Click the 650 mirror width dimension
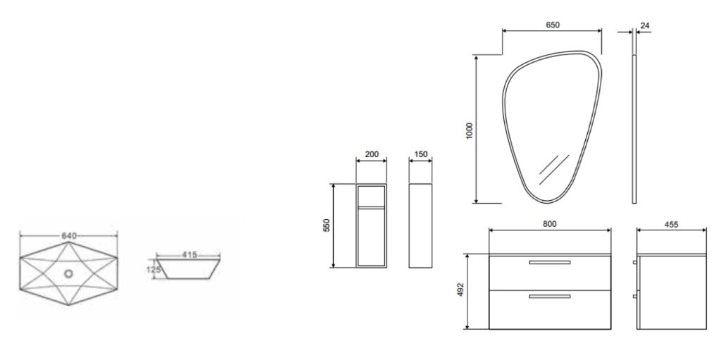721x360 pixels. pyautogui.click(x=553, y=25)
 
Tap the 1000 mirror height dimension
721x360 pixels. pyautogui.click(x=469, y=131)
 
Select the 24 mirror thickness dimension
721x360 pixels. pyautogui.click(x=645, y=26)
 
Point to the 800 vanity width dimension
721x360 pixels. pyautogui.click(x=549, y=224)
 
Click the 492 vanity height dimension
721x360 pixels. pyautogui.click(x=460, y=290)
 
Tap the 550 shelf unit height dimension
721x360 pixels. pyautogui.click(x=327, y=225)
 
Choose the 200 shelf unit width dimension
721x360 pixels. pyautogui.click(x=372, y=154)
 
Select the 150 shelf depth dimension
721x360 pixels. pyautogui.click(x=421, y=154)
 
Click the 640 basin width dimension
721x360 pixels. pyautogui.click(x=68, y=236)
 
